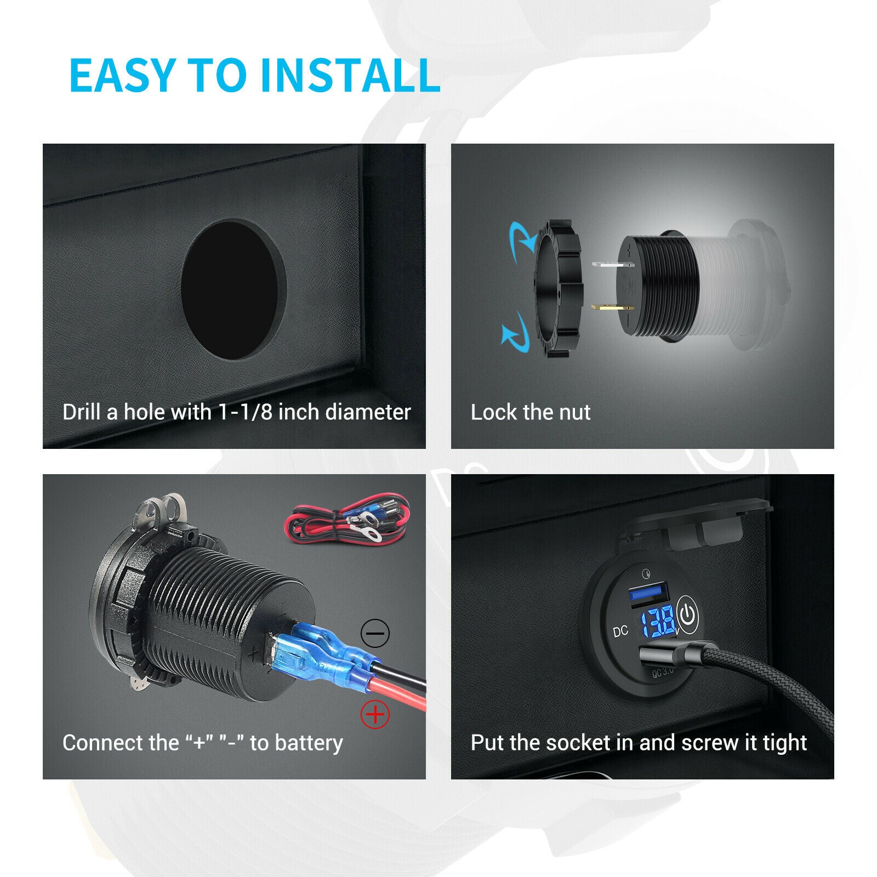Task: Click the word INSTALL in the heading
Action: click(x=349, y=75)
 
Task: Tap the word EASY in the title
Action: click(x=121, y=75)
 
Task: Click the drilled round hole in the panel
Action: click(x=234, y=290)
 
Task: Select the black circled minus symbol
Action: click(x=375, y=634)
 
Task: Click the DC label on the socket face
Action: click(x=620, y=631)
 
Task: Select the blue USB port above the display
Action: click(x=648, y=594)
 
